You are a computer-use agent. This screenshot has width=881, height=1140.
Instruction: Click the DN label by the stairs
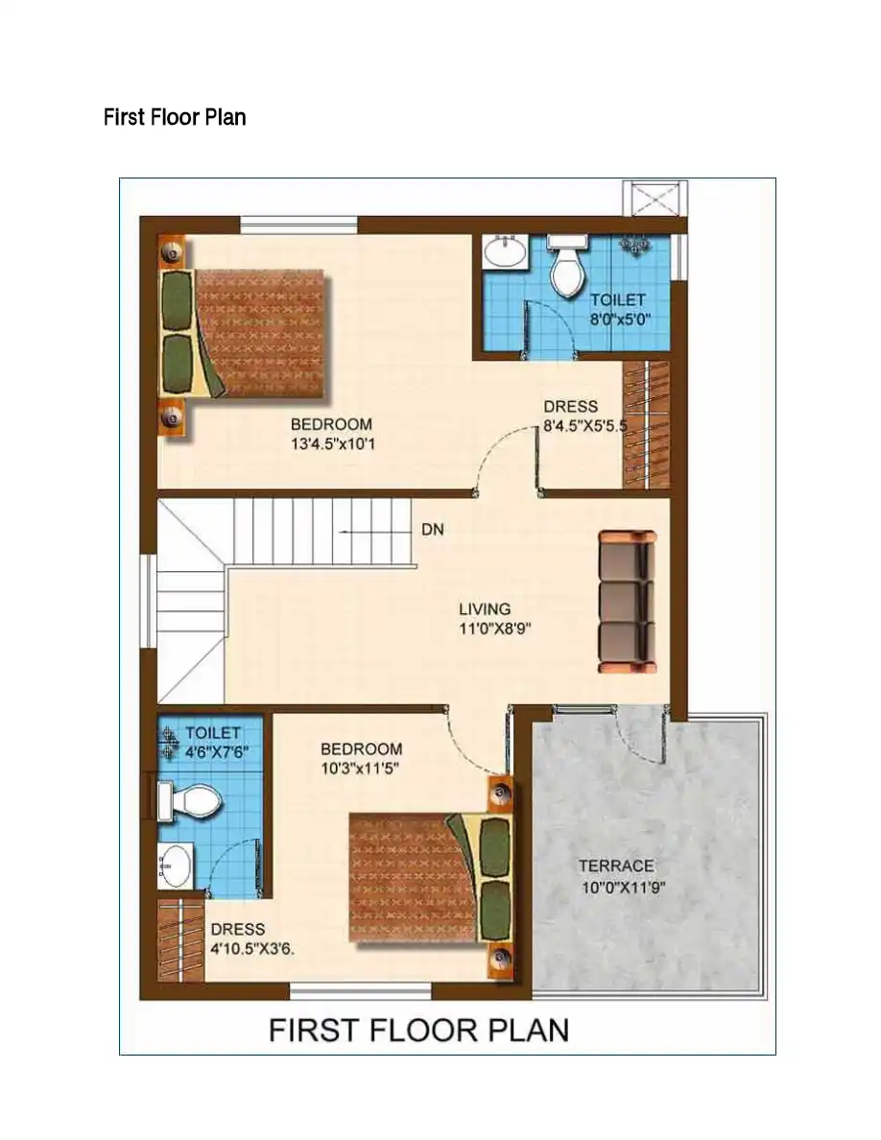[x=433, y=530]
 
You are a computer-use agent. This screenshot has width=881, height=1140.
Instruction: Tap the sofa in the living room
[x=628, y=602]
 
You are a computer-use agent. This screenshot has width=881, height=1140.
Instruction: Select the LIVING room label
[x=484, y=609]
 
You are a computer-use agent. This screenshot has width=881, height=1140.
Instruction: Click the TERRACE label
[x=616, y=866]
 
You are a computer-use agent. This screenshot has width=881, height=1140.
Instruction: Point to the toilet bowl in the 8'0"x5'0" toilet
[x=566, y=266]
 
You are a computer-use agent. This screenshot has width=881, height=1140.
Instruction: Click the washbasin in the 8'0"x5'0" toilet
[x=505, y=251]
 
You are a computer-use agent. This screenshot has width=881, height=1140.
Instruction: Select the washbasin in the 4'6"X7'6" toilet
[x=176, y=866]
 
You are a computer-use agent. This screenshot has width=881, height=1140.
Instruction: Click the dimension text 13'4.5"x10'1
[x=333, y=443]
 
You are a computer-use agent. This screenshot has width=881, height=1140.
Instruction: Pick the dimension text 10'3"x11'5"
[x=361, y=768]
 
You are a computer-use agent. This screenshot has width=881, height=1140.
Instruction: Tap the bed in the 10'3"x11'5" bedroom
[x=430, y=877]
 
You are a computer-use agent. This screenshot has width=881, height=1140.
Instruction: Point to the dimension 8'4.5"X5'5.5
[x=585, y=426]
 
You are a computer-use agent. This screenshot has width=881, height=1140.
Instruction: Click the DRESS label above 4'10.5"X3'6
[x=238, y=929]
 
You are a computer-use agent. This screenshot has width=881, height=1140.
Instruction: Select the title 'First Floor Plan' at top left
[x=175, y=117]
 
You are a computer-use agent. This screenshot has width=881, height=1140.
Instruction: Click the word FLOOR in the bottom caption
[x=419, y=1031]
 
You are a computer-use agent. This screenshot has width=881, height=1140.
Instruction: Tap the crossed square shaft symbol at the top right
[x=655, y=199]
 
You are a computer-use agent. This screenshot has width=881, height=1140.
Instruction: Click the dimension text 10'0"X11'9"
[x=623, y=888]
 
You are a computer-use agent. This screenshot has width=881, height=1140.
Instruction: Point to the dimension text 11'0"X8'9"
[x=494, y=629]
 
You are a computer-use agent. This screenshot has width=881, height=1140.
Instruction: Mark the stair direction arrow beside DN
[x=376, y=533]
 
